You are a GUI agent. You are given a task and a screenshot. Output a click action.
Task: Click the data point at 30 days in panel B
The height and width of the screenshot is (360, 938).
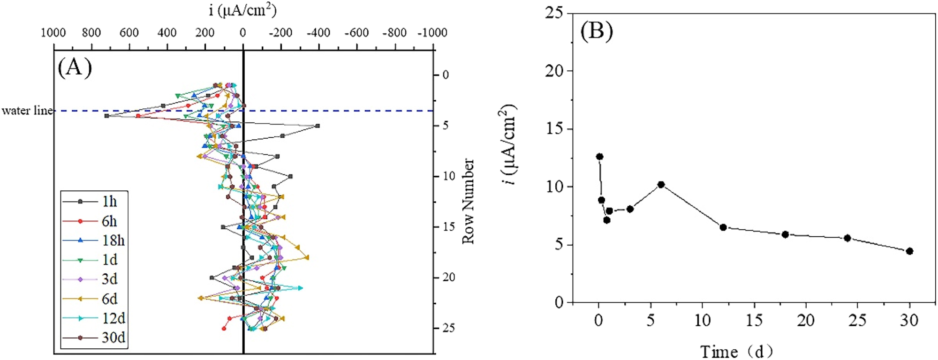click(909, 251)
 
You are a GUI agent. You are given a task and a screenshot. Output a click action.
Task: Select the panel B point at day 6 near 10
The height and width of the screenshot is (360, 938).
click(661, 185)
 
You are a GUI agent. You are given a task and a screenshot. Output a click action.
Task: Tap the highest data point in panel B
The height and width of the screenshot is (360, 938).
click(599, 157)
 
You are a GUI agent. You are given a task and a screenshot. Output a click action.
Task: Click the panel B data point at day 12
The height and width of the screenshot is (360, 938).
click(723, 227)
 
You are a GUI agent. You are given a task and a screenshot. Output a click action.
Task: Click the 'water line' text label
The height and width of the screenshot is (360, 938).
click(27, 111)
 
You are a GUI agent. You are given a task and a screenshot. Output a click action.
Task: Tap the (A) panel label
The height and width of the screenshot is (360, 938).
click(75, 67)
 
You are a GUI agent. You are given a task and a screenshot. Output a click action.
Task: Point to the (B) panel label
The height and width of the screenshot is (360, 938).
click(597, 31)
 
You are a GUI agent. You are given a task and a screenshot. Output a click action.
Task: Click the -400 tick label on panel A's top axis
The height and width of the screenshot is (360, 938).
click(318, 33)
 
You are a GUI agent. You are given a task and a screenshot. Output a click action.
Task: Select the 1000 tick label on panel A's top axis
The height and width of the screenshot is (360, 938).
click(53, 33)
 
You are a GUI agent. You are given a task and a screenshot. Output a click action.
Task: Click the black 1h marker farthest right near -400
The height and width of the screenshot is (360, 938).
click(318, 126)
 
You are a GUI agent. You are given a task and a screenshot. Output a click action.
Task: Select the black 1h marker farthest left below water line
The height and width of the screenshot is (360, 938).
click(107, 116)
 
